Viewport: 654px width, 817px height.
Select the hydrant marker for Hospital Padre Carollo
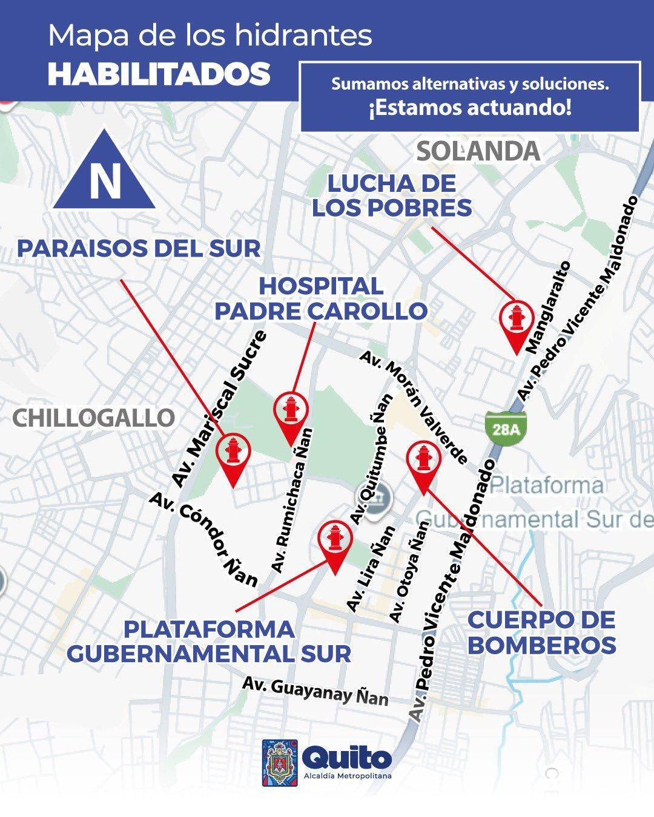click(291, 412)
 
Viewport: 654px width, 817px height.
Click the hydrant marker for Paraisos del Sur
click(233, 453)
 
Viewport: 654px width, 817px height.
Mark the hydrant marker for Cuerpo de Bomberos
click(423, 460)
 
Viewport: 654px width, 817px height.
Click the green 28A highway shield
click(506, 429)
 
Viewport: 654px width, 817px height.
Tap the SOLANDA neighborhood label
click(478, 151)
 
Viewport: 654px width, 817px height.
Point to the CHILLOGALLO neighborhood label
click(94, 418)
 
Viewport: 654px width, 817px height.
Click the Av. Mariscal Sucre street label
click(219, 408)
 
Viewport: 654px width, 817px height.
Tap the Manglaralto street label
click(548, 307)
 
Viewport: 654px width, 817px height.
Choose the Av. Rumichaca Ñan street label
click(292, 500)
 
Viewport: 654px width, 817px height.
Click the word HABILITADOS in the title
click(159, 74)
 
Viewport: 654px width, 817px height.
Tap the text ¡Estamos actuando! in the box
click(470, 108)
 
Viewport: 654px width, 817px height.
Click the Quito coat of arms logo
click(280, 763)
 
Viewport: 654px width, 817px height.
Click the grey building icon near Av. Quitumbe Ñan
click(380, 499)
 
